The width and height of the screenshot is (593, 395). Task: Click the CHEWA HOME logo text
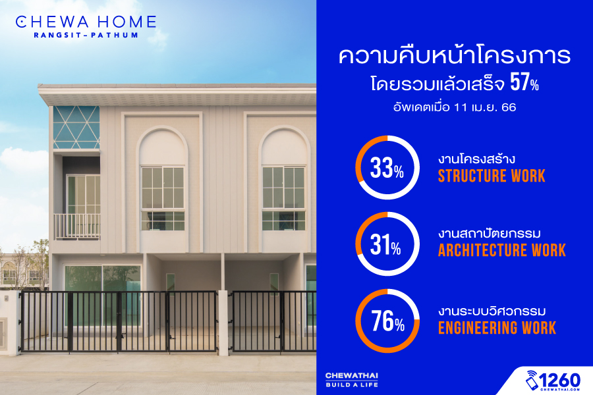click(x=86, y=22)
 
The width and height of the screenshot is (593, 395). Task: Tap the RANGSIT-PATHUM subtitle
click(x=86, y=35)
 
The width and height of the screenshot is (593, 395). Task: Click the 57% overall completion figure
click(x=524, y=82)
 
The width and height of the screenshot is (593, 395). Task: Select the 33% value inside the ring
click(x=387, y=169)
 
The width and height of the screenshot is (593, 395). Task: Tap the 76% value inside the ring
click(x=387, y=321)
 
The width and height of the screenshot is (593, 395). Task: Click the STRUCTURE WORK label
click(x=492, y=176)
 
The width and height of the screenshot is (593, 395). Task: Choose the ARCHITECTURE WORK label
click(x=502, y=250)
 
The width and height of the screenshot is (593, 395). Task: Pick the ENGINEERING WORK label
click(x=497, y=328)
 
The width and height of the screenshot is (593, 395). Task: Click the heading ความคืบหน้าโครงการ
click(x=455, y=56)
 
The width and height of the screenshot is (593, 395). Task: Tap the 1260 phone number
click(x=559, y=379)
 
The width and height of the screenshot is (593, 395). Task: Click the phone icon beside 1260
click(x=532, y=381)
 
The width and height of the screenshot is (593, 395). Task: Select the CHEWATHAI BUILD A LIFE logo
click(x=352, y=380)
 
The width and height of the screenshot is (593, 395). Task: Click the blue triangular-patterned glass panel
click(x=76, y=127)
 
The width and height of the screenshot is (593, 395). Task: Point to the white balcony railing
click(x=77, y=226)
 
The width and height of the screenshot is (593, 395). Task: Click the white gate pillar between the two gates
click(x=223, y=323)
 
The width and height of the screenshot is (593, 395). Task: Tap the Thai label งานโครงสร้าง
click(x=476, y=159)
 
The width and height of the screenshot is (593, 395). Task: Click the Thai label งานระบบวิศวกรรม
click(x=492, y=311)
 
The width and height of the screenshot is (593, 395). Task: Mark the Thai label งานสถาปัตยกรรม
click(x=490, y=234)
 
